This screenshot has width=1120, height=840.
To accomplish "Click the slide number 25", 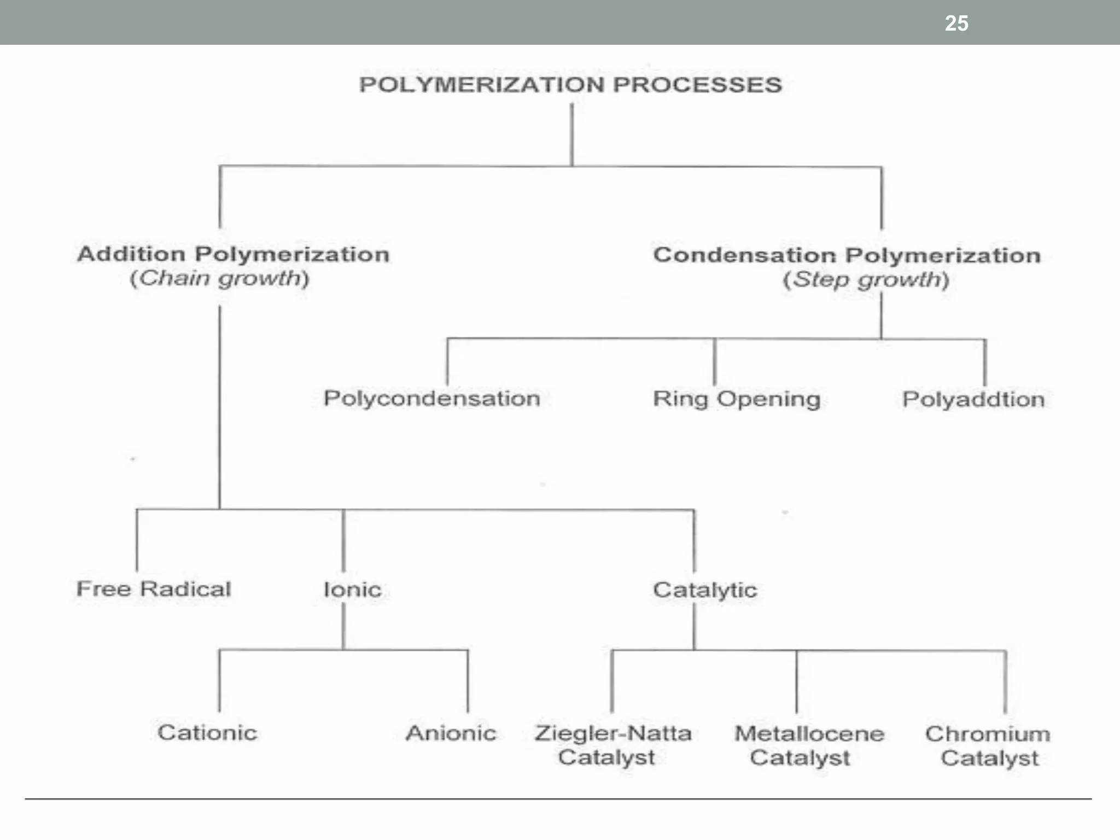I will click(956, 24).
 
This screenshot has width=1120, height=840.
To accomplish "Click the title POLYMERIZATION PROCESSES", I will click(570, 85).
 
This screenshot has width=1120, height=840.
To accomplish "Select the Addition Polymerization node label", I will click(234, 254).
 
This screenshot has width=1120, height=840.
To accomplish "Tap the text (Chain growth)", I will click(220, 278).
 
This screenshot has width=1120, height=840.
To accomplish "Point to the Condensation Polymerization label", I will click(847, 255).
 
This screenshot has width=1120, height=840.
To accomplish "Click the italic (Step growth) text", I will click(866, 280).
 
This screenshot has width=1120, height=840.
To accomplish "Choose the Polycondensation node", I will click(431, 398).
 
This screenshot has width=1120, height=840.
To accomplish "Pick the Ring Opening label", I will click(737, 399).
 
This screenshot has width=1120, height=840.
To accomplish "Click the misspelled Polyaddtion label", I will click(973, 399).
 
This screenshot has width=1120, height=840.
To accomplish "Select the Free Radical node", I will click(154, 589).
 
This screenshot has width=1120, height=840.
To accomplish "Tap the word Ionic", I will click(352, 590).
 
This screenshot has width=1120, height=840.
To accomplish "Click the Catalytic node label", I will click(705, 590).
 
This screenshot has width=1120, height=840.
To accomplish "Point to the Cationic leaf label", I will click(207, 733).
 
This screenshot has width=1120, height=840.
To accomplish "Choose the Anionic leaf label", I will click(451, 733).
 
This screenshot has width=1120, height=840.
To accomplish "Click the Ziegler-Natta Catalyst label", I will click(612, 745).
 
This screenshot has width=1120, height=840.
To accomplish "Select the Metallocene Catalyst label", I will click(808, 745).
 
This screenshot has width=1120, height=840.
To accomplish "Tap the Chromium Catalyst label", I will click(988, 746).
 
